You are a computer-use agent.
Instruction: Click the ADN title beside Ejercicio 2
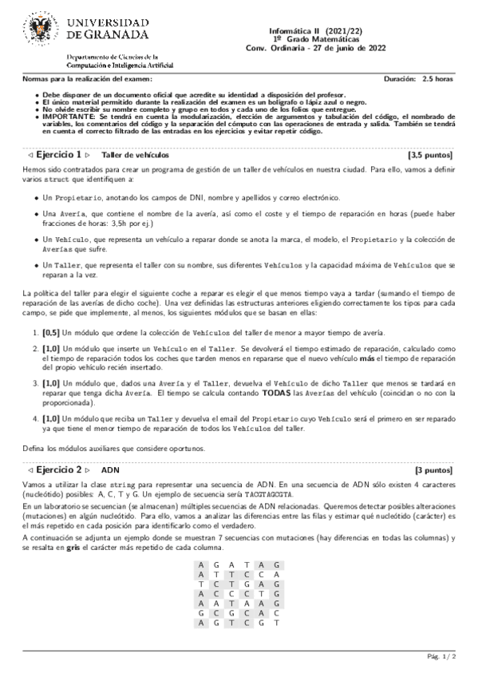pos(111,472)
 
